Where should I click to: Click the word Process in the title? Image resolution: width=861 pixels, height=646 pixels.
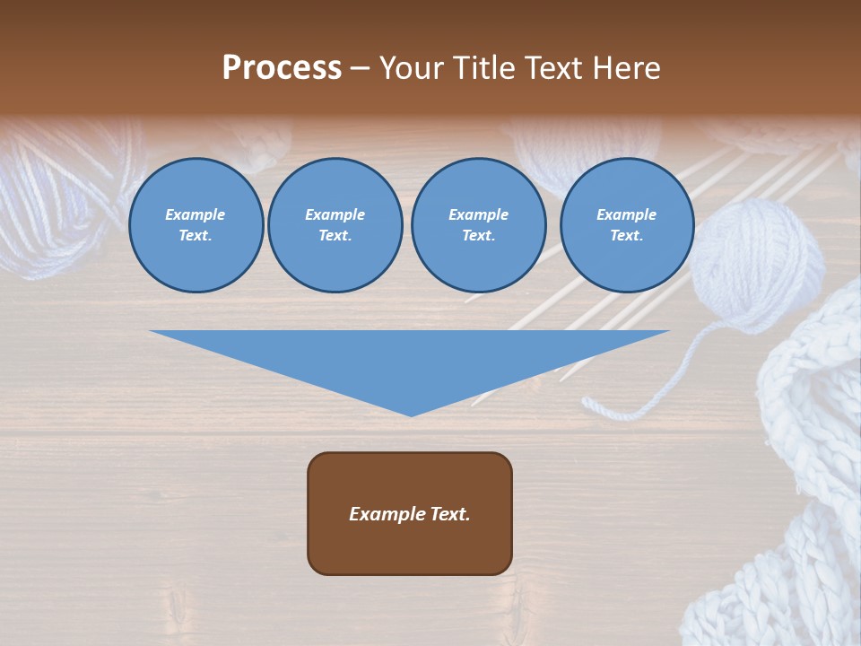pos(282,68)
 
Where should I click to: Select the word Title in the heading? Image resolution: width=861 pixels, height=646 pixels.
pos(485,68)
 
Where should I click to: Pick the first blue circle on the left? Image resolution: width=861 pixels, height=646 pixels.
pos(196,225)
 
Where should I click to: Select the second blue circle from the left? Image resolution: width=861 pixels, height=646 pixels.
pos(335,225)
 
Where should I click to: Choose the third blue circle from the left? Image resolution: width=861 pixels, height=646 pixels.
pos(479,225)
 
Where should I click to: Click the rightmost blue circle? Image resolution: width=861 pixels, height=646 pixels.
pos(627,225)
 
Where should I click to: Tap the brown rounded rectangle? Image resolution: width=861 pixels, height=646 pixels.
pos(410,513)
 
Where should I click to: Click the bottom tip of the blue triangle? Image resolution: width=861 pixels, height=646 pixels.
pos(411,415)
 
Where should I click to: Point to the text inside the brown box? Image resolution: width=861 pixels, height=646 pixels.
pos(410,514)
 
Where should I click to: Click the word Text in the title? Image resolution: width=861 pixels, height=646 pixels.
pos(553,68)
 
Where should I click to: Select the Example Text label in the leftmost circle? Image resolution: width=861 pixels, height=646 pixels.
pos(196,225)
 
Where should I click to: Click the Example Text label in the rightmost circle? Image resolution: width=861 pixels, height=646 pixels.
pos(627,225)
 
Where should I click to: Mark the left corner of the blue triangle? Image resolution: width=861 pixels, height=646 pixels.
pos(152,332)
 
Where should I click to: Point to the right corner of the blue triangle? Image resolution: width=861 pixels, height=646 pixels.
pos(667,332)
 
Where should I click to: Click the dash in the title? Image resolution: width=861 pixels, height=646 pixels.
pos(361,69)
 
